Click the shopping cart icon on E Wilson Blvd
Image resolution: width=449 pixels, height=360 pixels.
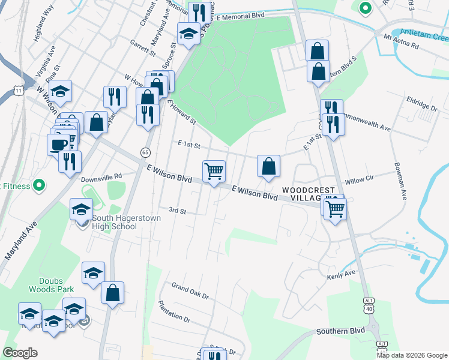214,172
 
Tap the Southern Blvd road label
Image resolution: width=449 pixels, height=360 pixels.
342,331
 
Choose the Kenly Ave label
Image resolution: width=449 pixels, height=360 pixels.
341,277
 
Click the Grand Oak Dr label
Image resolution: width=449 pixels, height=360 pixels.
190,291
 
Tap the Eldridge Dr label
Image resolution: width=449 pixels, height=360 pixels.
422,104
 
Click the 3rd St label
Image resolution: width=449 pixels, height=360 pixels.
177,211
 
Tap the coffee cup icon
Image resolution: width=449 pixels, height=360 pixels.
58,144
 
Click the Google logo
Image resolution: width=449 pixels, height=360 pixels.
20,353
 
